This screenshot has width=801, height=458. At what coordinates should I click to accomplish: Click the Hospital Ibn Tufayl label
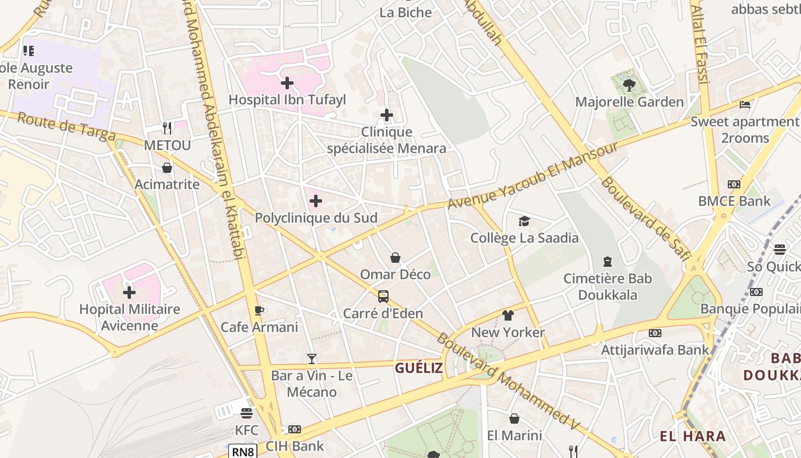(287, 100)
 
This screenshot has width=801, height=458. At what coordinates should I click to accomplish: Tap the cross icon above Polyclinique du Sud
(316, 201)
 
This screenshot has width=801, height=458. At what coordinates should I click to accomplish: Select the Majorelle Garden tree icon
(629, 85)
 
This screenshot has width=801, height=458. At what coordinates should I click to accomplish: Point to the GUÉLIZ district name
(419, 368)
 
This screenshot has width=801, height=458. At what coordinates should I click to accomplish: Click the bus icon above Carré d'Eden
(383, 297)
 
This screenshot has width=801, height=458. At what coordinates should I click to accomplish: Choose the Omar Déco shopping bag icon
(395, 258)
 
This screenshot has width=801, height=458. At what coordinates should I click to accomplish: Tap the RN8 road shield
(243, 452)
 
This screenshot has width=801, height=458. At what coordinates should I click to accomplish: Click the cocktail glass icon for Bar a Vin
(311, 359)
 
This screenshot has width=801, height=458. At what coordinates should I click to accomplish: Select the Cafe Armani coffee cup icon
(259, 310)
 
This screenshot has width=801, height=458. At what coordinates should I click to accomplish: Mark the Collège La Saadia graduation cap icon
(524, 221)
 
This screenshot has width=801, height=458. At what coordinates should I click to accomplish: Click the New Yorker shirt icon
(507, 315)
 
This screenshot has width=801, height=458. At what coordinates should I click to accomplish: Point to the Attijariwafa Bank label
(655, 349)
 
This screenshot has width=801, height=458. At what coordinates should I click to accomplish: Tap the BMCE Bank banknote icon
(734, 184)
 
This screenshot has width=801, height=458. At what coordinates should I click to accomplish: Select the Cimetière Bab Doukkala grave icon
(608, 262)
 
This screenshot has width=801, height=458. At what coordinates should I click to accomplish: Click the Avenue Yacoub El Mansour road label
(532, 176)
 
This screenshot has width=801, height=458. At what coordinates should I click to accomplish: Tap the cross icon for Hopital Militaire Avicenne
(129, 293)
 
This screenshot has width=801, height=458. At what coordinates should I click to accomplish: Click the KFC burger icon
(247, 413)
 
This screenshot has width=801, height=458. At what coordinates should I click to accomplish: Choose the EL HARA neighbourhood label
(692, 436)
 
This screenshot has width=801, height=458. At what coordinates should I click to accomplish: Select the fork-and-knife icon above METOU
(167, 128)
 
